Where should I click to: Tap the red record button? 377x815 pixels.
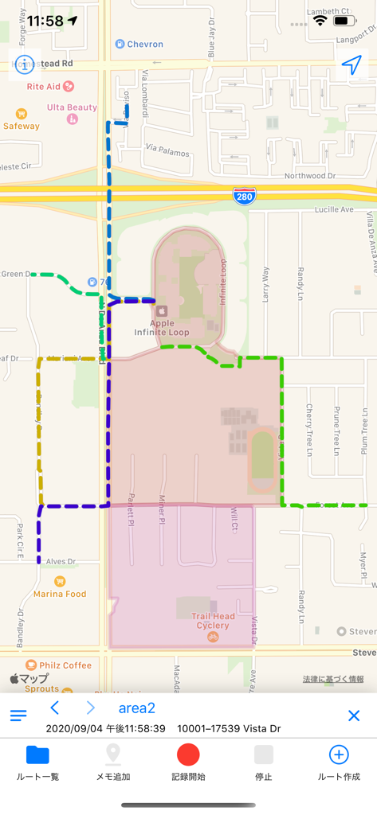tap(188, 755)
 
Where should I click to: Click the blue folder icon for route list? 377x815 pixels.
tap(37, 755)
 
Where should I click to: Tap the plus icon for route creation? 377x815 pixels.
tap(339, 755)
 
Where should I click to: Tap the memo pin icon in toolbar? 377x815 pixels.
tap(113, 755)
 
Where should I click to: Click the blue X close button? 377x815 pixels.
tap(354, 716)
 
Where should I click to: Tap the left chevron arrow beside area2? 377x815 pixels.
tap(55, 708)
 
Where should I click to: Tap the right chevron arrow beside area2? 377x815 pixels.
tap(90, 708)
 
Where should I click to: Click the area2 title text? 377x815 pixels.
tap(137, 708)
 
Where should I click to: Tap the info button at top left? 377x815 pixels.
tap(25, 64)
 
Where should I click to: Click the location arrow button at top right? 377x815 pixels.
tap(352, 65)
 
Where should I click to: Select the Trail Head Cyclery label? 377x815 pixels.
tap(210, 621)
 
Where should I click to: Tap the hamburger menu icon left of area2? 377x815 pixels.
tap(18, 716)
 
